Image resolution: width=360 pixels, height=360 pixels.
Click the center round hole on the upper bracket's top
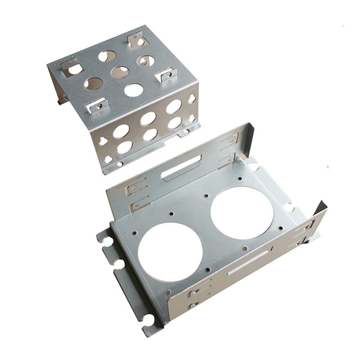click(x=120, y=72)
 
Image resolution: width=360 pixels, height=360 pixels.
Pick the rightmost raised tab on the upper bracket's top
click(x=166, y=74)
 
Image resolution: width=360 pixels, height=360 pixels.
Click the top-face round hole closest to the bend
click(x=133, y=90)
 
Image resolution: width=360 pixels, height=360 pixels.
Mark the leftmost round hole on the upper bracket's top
click(x=93, y=84)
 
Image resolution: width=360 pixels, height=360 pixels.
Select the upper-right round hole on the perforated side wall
click(x=174, y=107)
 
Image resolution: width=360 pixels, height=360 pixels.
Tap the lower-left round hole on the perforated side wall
click(x=124, y=147)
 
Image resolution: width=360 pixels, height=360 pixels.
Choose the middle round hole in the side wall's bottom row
click(x=150, y=135)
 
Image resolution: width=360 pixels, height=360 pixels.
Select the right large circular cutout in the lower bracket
click(x=242, y=212)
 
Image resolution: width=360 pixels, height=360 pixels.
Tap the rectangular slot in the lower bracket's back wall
click(x=181, y=168)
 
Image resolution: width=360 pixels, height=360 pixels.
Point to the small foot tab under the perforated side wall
click(x=186, y=132)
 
